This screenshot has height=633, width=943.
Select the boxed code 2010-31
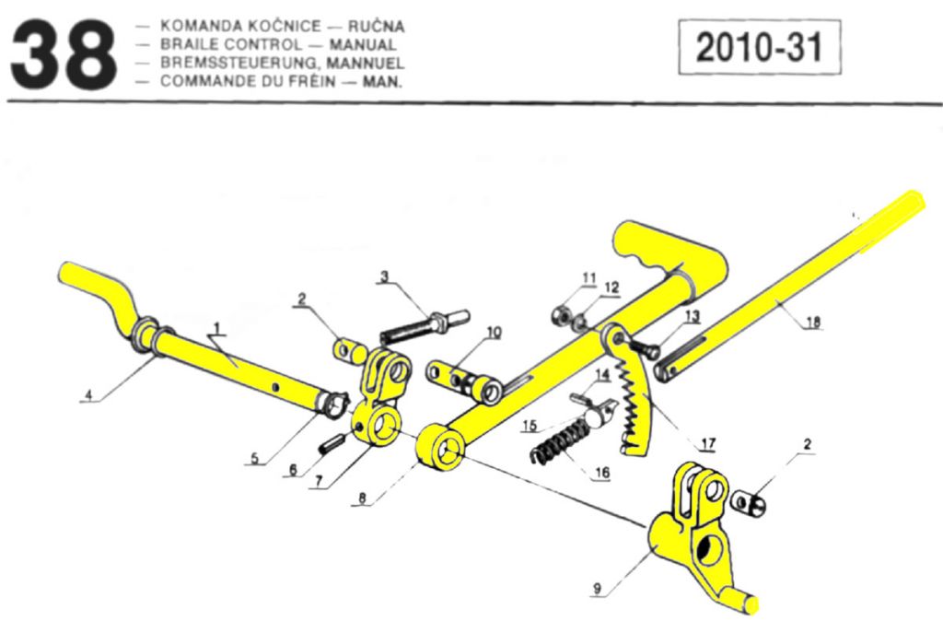click(759, 47)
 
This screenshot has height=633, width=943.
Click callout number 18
click(813, 322)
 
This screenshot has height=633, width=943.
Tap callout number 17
click(707, 444)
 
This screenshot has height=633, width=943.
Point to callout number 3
click(385, 275)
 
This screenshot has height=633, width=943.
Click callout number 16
click(601, 473)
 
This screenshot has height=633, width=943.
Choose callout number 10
click(495, 332)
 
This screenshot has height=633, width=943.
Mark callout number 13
click(692, 316)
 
